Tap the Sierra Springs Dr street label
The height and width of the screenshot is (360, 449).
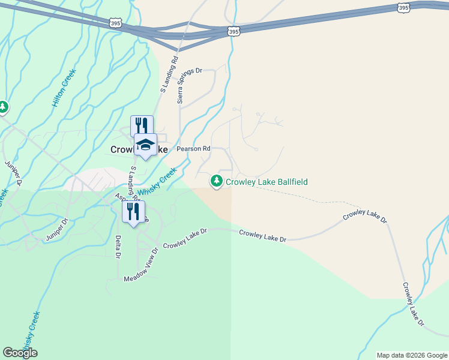tap(181, 86)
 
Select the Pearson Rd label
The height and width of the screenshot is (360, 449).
tap(193, 148)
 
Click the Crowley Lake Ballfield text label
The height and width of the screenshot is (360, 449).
tap(267, 181)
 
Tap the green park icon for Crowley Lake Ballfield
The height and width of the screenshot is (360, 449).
tap(216, 181)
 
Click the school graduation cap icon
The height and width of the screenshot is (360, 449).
tap(145, 144)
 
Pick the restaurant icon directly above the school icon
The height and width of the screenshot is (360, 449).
tap(142, 125)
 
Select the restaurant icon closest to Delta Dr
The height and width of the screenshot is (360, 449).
tap(134, 211)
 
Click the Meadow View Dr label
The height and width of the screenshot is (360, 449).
tap(141, 266)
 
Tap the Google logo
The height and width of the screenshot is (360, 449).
tap(20, 352)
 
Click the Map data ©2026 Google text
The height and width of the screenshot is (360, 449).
tap(411, 355)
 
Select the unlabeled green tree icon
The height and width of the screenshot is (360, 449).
tap(3, 107)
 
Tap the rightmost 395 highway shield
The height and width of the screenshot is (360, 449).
tap(403, 7)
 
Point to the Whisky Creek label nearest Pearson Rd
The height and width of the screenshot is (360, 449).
tap(157, 181)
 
